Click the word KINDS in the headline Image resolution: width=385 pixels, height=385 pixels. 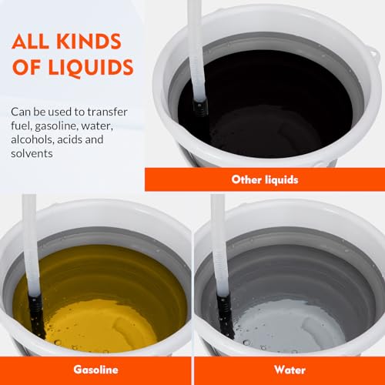[x=89, y=41]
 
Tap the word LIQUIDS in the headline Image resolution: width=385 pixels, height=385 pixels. [x=91, y=68]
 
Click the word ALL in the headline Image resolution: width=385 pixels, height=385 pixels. [x=30, y=41]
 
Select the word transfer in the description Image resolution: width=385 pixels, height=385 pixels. [x=107, y=112]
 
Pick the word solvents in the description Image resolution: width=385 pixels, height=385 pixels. [x=32, y=154]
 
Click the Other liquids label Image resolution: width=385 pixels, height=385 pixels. [x=265, y=179]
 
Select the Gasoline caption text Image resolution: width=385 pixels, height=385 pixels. [x=95, y=370]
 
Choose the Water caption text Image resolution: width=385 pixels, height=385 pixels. [x=290, y=370]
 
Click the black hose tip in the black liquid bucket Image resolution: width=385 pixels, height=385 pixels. [x=200, y=107]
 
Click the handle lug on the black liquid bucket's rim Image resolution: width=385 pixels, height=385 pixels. [x=373, y=55]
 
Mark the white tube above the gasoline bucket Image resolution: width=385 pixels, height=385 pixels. [x=31, y=244]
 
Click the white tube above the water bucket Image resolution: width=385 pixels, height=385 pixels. [x=219, y=244]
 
